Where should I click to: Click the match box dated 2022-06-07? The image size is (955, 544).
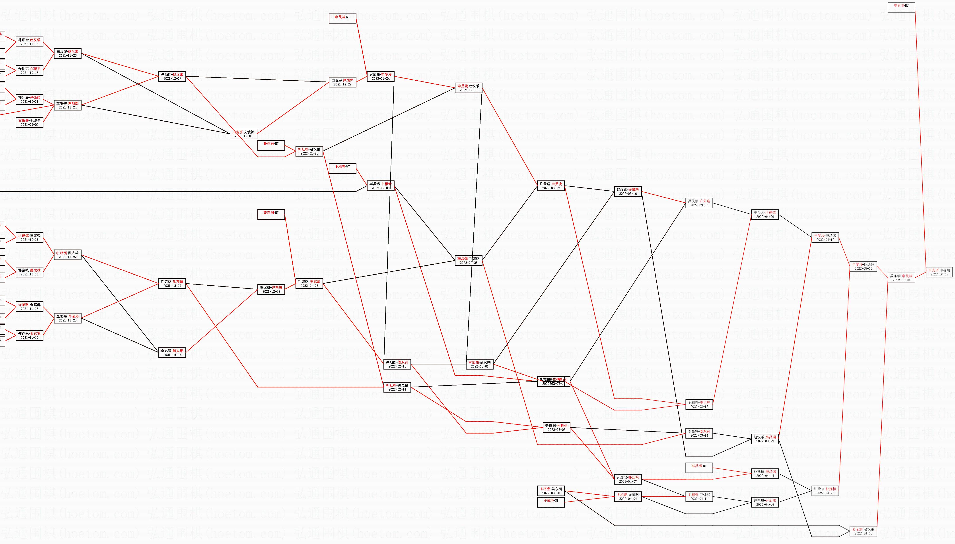click(939, 272)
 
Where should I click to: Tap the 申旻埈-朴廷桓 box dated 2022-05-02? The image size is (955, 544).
click(863, 266)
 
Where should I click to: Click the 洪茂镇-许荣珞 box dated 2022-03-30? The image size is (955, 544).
click(699, 203)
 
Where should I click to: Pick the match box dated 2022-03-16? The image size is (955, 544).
click(628, 192)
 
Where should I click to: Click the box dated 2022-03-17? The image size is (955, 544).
click(699, 405)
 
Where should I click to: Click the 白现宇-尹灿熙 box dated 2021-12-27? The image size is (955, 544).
click(342, 82)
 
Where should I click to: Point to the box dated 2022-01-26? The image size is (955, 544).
click(309, 151)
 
